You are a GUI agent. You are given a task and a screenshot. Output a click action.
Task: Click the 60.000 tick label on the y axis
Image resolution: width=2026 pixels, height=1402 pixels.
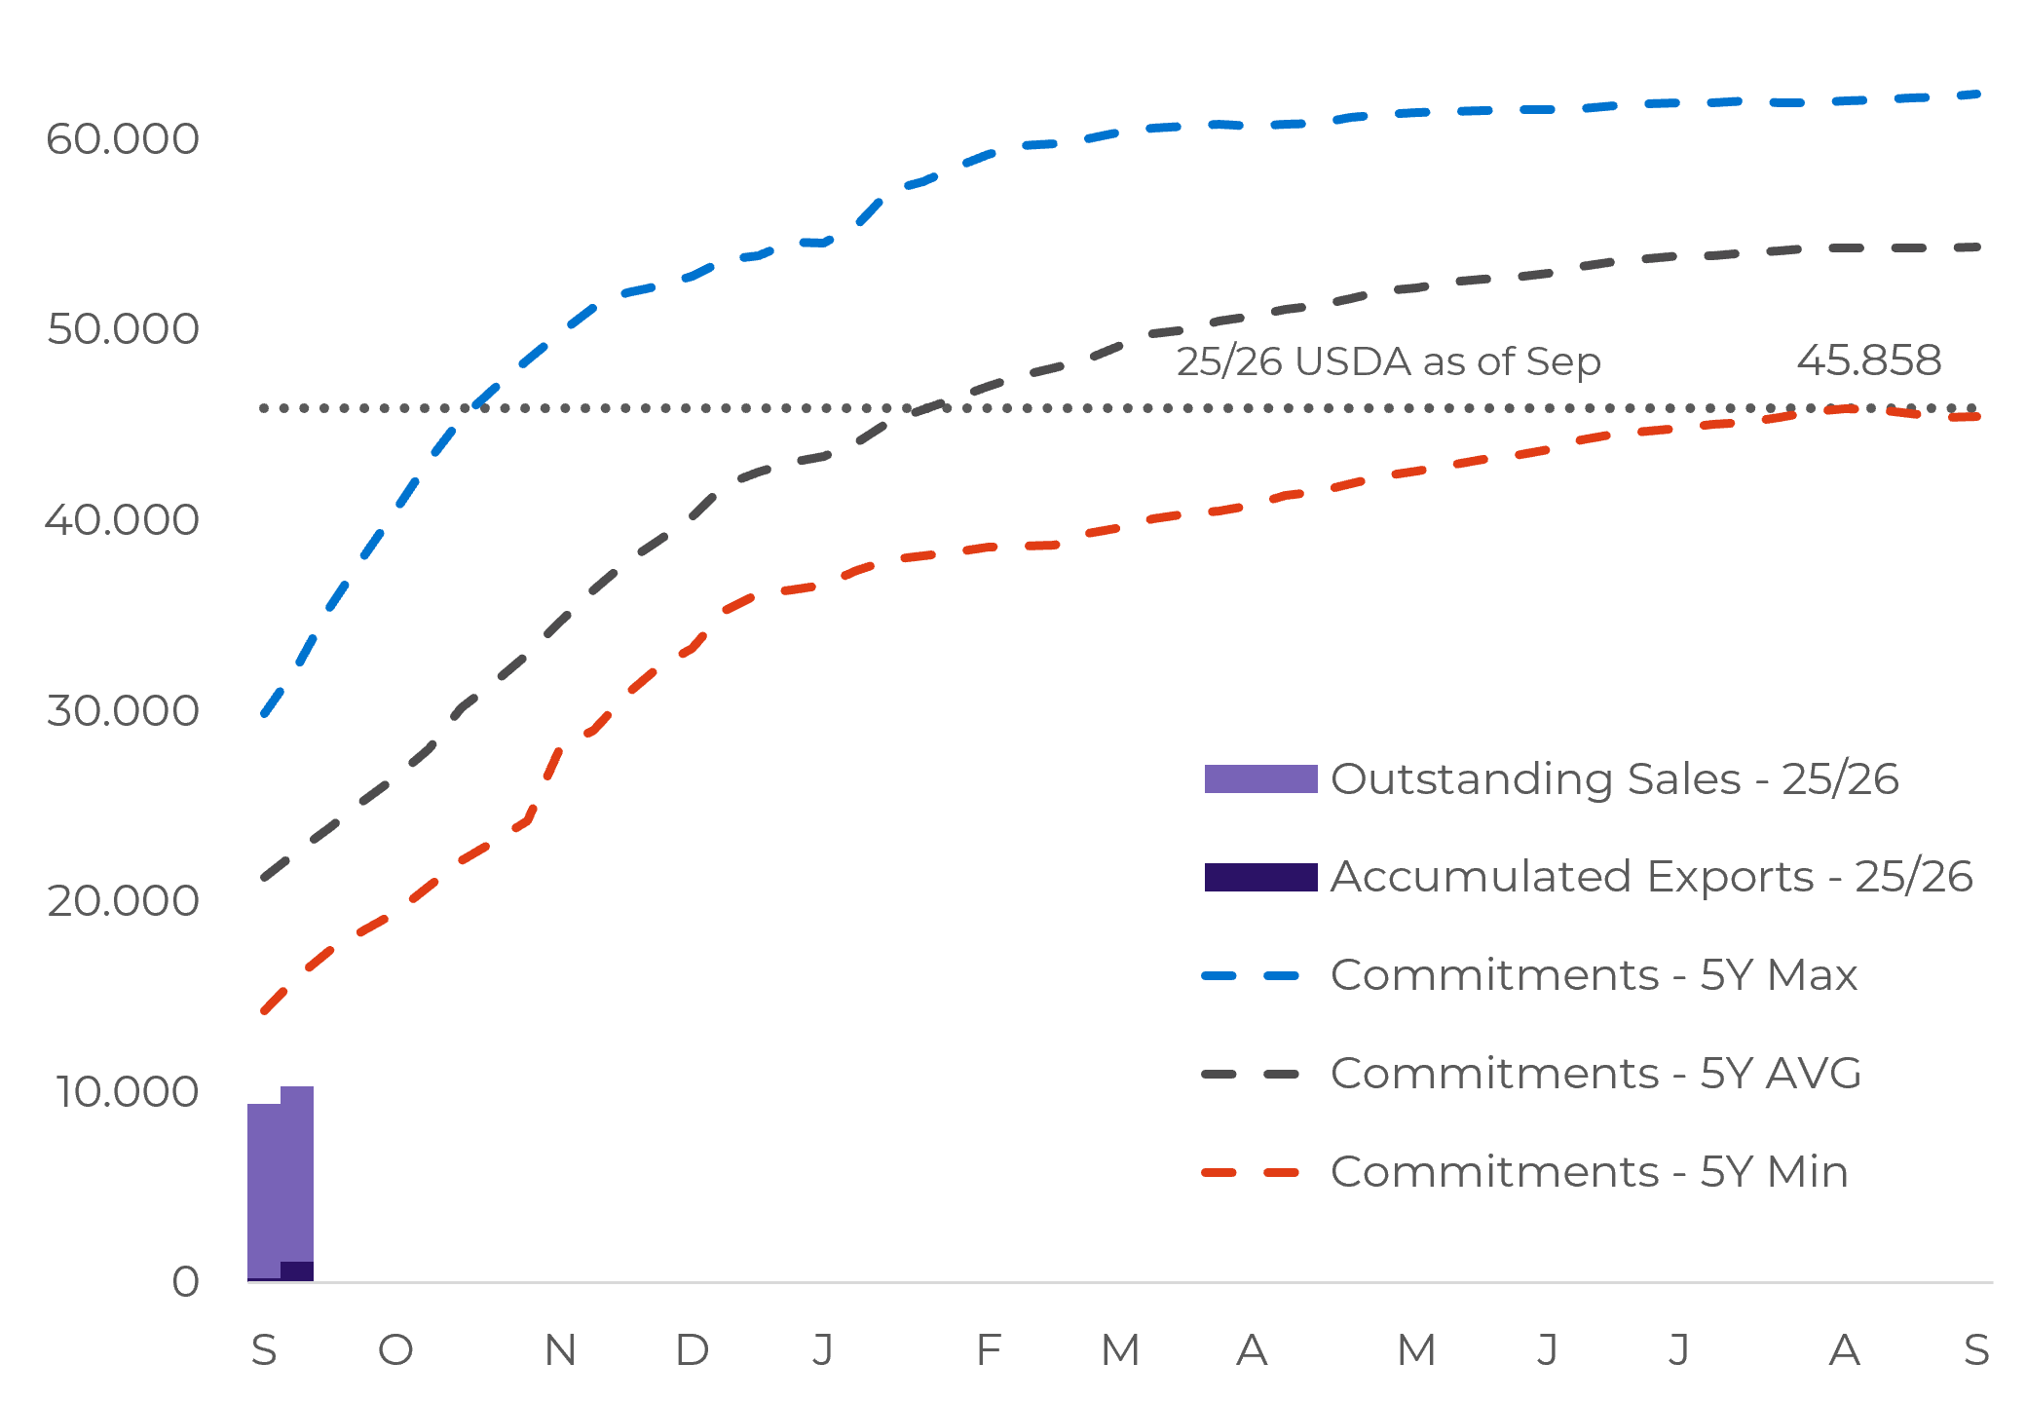(x=123, y=139)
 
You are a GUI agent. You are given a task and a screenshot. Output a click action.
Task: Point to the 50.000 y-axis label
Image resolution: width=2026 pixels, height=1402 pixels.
(x=123, y=329)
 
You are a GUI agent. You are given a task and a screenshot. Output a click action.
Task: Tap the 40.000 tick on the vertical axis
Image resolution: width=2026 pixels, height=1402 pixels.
(x=123, y=520)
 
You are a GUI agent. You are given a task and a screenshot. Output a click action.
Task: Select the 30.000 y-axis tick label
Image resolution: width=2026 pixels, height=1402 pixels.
(x=123, y=711)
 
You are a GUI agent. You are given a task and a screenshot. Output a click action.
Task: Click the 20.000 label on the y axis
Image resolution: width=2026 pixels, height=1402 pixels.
(x=123, y=901)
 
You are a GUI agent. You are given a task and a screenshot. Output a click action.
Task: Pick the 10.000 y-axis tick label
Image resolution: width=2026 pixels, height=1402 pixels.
(x=127, y=1092)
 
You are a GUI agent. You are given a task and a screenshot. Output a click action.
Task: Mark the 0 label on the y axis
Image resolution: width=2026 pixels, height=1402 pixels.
(x=185, y=1282)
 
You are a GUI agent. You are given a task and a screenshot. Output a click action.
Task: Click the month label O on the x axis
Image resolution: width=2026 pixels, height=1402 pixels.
(x=395, y=1350)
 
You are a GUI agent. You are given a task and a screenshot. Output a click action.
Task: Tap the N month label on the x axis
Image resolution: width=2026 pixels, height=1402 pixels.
(x=560, y=1350)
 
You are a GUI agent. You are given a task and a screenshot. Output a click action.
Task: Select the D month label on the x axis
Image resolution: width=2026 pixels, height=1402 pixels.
(x=692, y=1350)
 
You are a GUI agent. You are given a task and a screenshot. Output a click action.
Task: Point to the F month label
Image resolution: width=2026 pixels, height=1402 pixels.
(x=988, y=1350)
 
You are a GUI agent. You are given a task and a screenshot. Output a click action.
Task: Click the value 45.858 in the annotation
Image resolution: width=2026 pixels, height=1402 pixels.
(x=1868, y=360)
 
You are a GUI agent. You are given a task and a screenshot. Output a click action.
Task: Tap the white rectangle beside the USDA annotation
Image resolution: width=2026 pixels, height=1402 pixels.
(x=1696, y=359)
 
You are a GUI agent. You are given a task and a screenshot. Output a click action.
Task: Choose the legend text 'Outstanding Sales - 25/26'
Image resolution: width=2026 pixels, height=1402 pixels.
(x=1614, y=779)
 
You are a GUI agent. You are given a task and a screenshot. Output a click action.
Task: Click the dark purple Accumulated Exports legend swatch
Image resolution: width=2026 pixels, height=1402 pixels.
(x=1260, y=877)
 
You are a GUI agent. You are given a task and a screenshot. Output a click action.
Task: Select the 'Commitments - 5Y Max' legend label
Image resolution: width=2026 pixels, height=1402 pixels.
(x=1594, y=975)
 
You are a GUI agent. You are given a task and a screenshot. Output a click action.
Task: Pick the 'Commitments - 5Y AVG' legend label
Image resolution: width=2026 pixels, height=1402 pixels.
(x=1595, y=1074)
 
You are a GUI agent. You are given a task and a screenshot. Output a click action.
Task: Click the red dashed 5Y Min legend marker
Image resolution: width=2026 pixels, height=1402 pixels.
(x=1251, y=1172)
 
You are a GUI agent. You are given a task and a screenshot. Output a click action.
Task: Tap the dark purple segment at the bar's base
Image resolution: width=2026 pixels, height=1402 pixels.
(x=297, y=1271)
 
